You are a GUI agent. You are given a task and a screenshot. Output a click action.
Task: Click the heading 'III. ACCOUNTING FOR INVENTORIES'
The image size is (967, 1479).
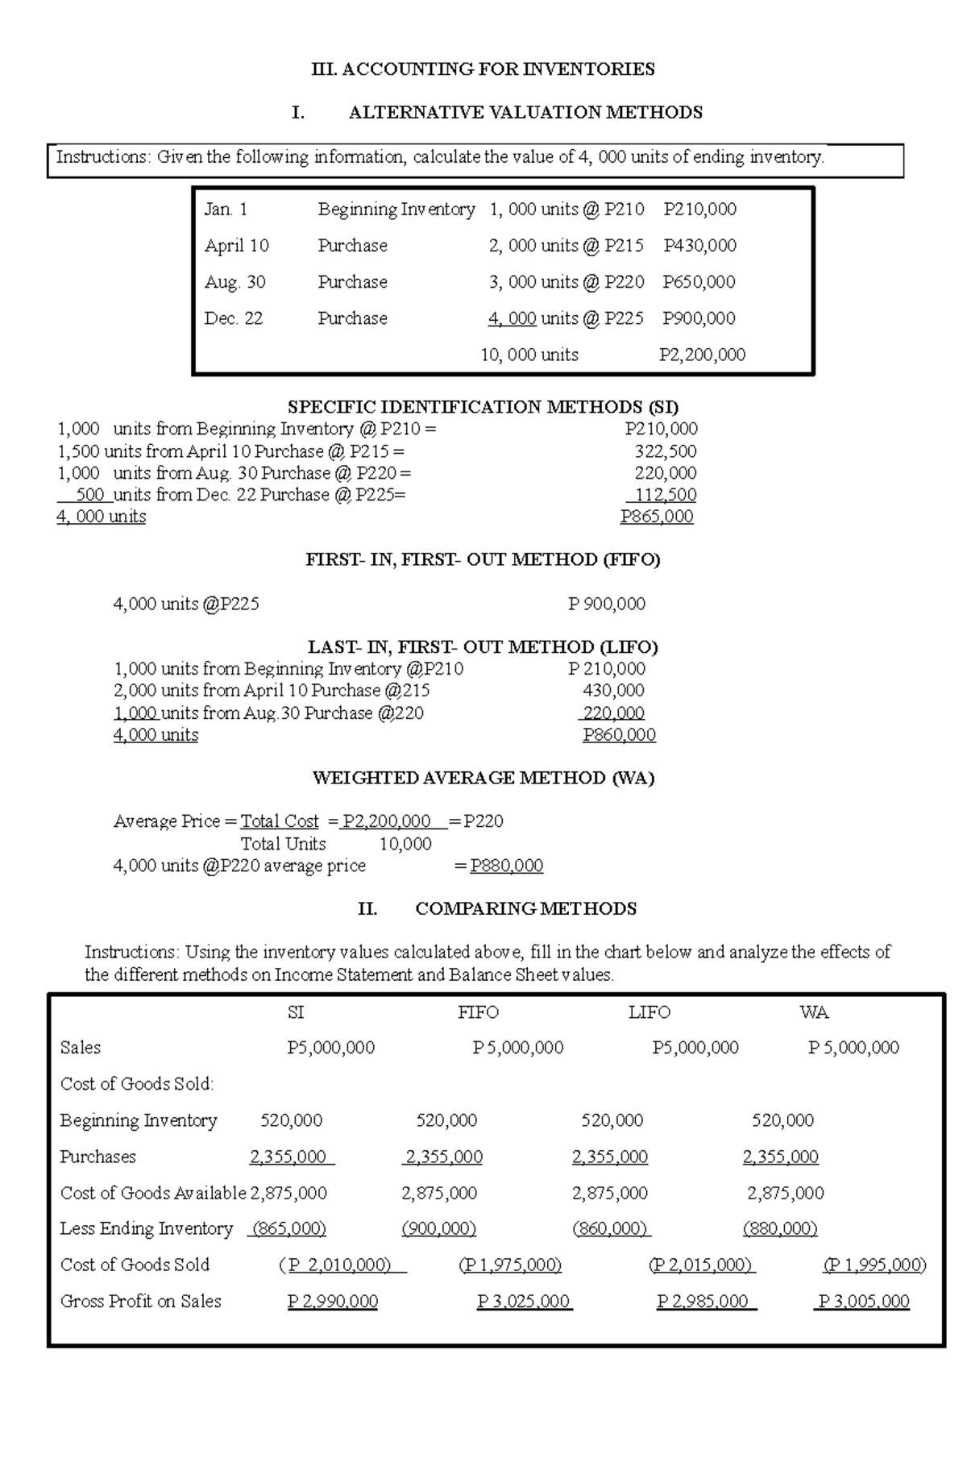tap(483, 69)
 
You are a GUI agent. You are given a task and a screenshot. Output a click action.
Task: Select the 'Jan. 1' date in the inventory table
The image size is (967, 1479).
tap(226, 210)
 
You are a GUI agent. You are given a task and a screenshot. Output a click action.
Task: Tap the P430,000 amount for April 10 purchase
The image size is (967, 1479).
tap(699, 246)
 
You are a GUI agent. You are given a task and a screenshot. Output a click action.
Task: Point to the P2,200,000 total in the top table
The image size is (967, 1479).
tap(702, 355)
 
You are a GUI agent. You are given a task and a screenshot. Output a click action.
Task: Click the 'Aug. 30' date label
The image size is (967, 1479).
tap(234, 282)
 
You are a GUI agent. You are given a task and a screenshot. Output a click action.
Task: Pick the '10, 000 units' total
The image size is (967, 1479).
tap(529, 355)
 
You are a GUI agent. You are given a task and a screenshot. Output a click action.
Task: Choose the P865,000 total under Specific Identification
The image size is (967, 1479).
tap(657, 517)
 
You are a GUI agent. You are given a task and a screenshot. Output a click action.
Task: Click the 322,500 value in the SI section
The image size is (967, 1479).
tap(666, 451)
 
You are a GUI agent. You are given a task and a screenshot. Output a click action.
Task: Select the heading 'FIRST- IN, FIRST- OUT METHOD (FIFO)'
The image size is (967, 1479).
tap(483, 560)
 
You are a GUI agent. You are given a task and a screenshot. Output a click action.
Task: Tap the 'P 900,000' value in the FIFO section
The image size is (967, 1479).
tap(606, 604)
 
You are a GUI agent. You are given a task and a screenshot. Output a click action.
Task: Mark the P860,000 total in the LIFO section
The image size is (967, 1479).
tap(619, 735)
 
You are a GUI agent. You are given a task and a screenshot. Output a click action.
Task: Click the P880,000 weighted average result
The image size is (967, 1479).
tap(506, 866)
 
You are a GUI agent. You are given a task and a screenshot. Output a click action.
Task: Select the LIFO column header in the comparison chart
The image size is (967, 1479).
tap(649, 1012)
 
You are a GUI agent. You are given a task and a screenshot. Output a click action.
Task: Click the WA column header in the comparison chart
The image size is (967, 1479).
tap(814, 1012)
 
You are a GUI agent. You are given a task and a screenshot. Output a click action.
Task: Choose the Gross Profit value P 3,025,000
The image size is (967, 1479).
tap(524, 1302)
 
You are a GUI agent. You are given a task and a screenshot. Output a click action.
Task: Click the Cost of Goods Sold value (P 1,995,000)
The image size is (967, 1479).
tap(874, 1265)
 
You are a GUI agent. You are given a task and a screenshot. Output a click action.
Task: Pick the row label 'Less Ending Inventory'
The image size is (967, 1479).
tap(146, 1229)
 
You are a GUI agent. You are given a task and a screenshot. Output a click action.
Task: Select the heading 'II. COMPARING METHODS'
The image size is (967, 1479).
tap(497, 909)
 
